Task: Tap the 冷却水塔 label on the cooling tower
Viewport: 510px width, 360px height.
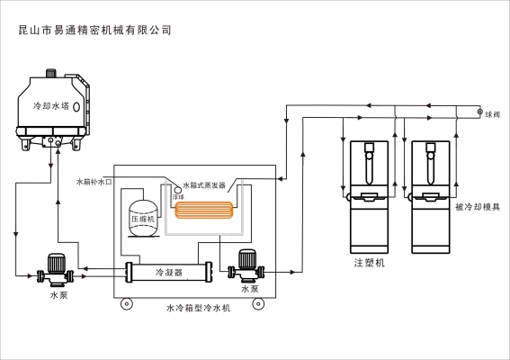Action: click(x=50, y=105)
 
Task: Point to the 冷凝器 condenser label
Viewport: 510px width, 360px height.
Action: click(x=169, y=271)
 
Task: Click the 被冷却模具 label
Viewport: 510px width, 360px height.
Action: click(x=478, y=207)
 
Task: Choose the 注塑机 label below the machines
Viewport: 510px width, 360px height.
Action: click(x=369, y=263)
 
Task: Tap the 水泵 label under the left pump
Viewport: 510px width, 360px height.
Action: click(x=59, y=294)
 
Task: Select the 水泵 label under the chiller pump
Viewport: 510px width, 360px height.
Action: click(x=250, y=289)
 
